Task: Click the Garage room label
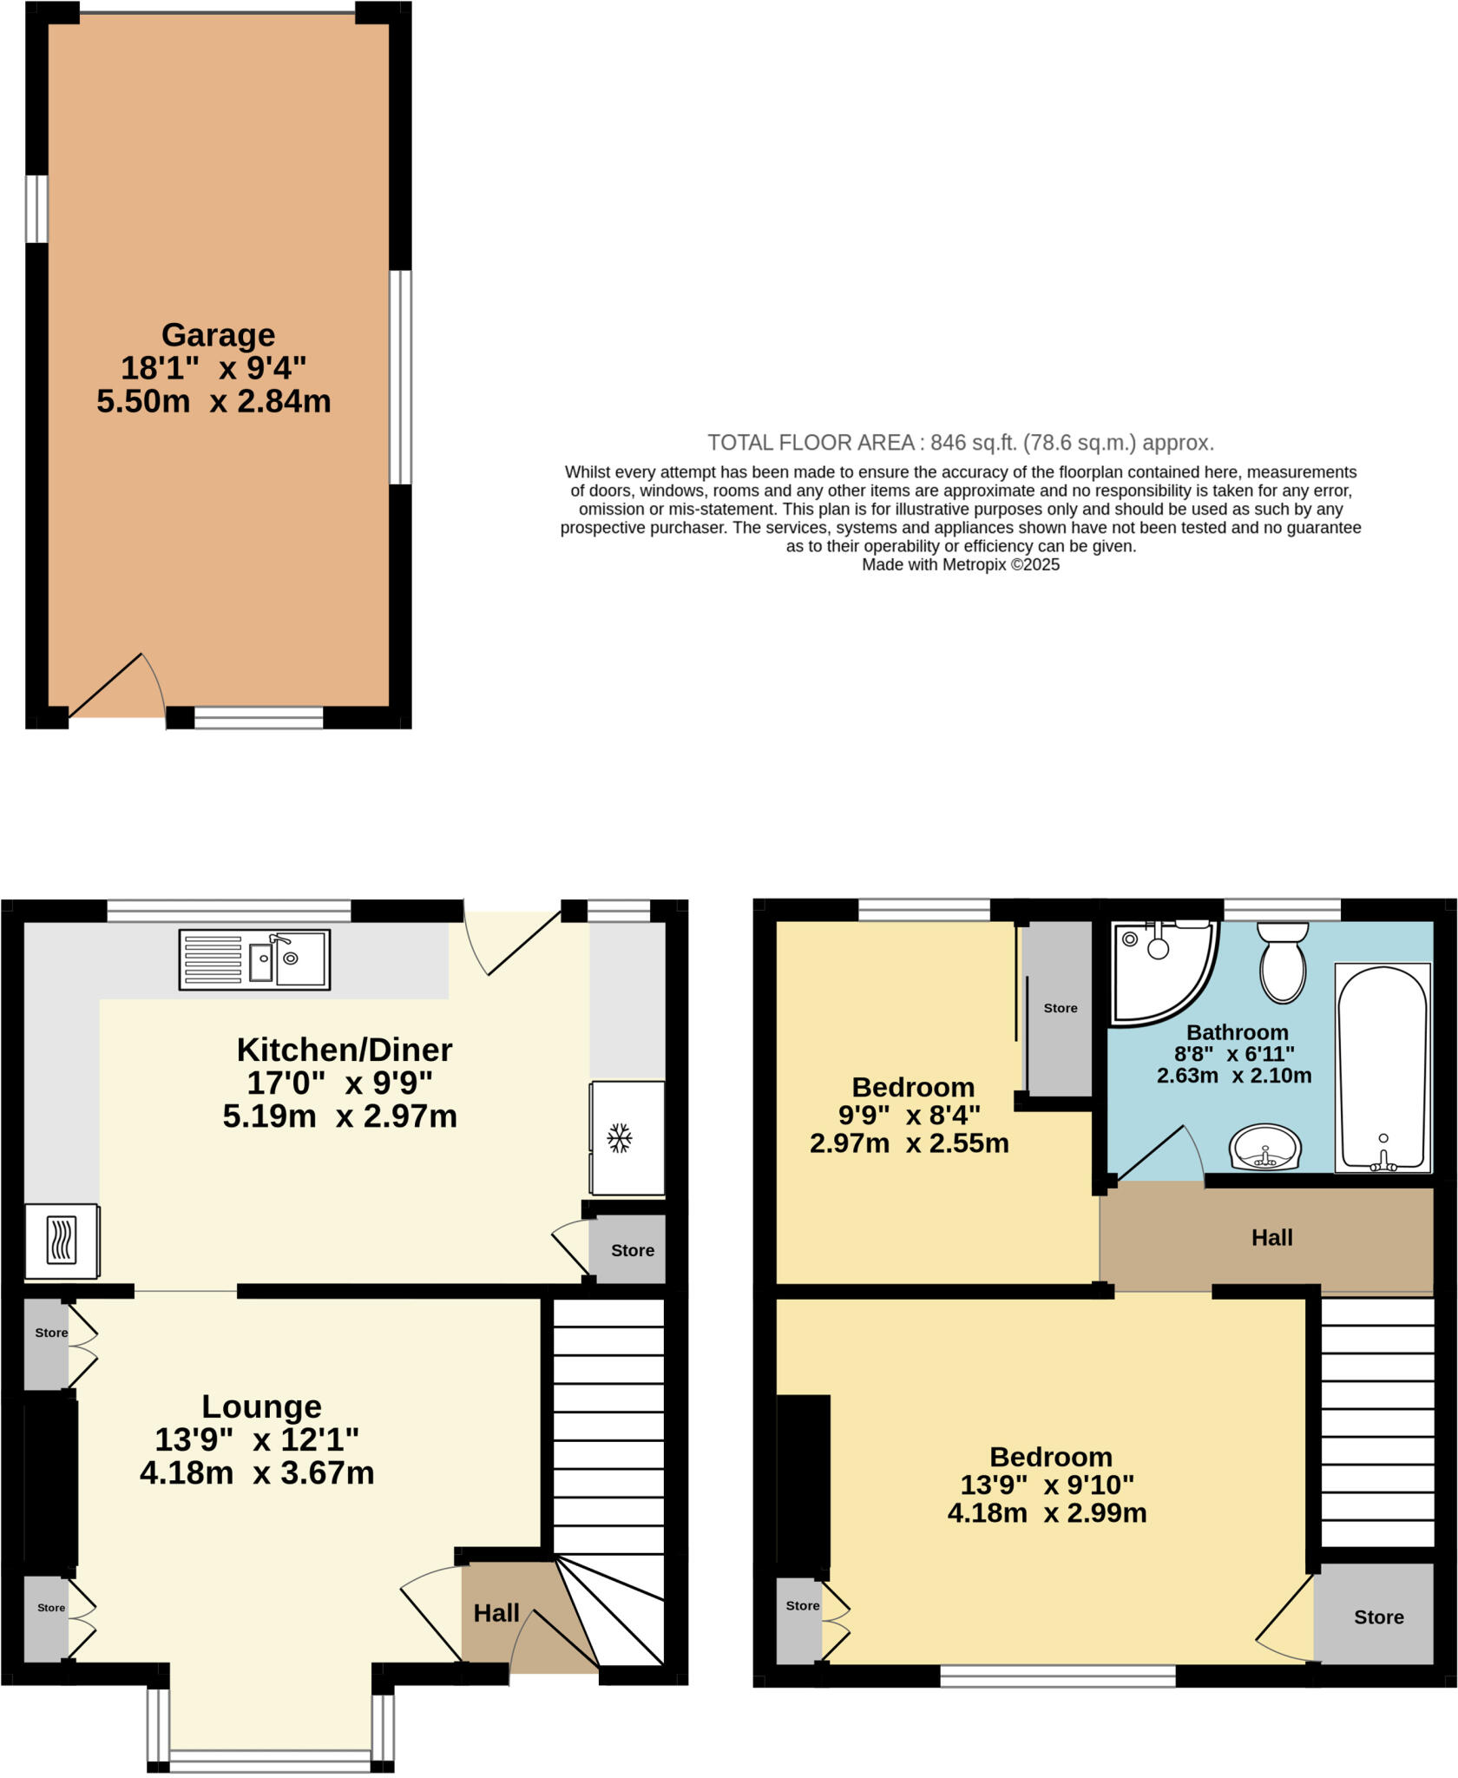point(218,335)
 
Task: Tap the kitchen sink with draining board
point(254,959)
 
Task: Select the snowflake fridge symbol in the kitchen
point(618,1137)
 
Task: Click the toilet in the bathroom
point(1283,962)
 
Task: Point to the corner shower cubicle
point(1159,968)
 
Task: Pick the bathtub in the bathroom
point(1382,1068)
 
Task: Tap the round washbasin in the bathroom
point(1265,1148)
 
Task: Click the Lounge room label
point(261,1406)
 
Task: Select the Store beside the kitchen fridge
point(632,1250)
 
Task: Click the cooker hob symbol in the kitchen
point(61,1241)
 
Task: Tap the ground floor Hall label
point(496,1613)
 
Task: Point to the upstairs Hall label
point(1271,1238)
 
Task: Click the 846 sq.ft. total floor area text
point(960,443)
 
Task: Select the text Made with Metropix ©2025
point(960,565)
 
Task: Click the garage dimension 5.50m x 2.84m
point(213,402)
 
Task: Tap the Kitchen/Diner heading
point(345,1050)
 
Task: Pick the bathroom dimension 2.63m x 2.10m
point(1233,1076)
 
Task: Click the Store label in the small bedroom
point(1060,1008)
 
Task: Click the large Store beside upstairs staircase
point(1378,1617)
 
